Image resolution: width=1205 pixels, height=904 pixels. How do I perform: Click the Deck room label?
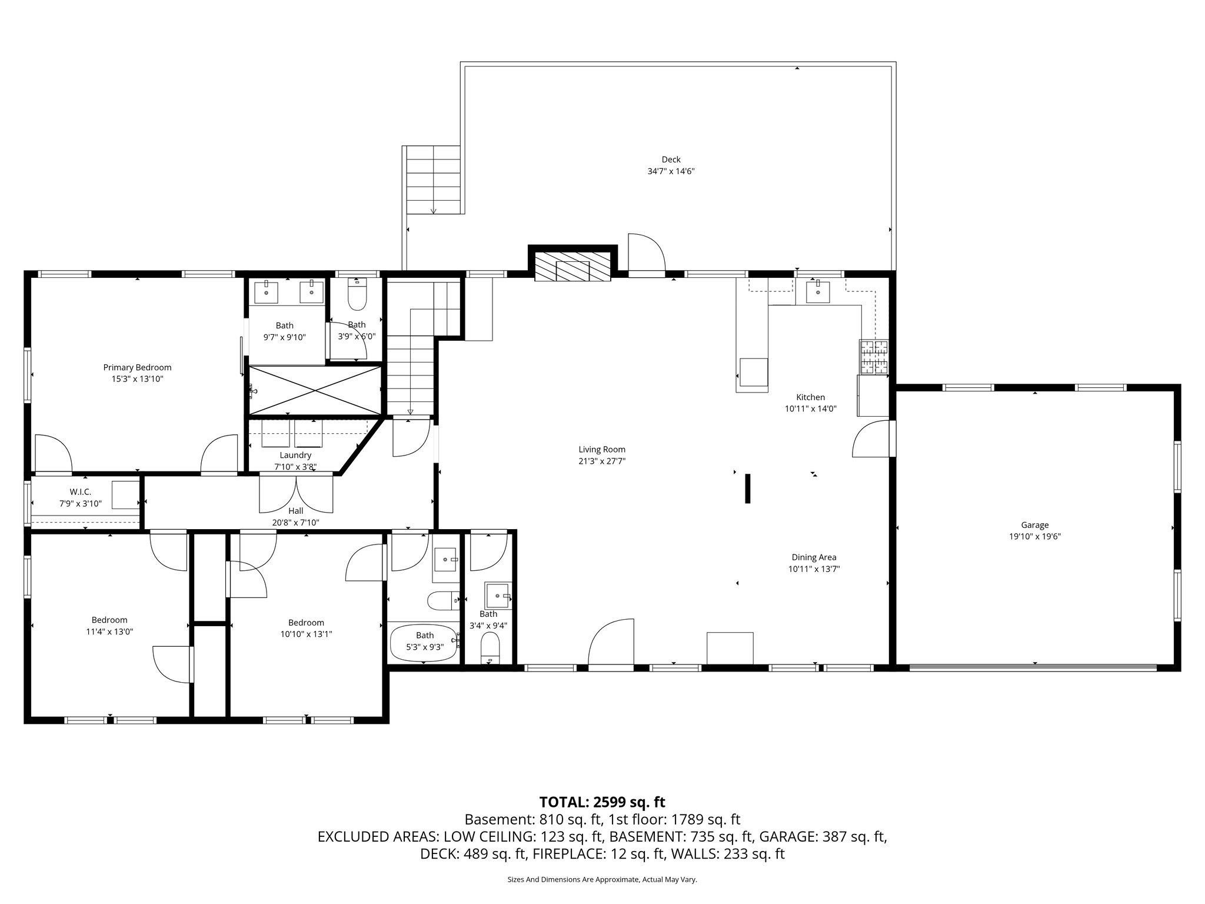(x=671, y=159)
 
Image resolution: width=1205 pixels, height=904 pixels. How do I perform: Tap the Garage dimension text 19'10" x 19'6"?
(x=1034, y=537)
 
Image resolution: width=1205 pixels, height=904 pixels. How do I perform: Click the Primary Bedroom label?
(x=137, y=367)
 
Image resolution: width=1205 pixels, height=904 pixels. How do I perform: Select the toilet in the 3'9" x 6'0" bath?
(x=357, y=294)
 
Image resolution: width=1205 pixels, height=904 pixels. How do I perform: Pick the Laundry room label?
(x=295, y=455)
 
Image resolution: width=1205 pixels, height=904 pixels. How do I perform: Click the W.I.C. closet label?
(x=80, y=491)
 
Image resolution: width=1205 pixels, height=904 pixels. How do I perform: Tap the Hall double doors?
(x=296, y=494)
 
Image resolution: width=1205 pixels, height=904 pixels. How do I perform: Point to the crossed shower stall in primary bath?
(x=315, y=391)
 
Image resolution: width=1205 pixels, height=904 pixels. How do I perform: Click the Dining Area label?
(x=814, y=557)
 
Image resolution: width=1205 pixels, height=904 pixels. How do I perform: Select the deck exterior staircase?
(x=434, y=180)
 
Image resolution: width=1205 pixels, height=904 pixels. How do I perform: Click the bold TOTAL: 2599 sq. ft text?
(x=602, y=802)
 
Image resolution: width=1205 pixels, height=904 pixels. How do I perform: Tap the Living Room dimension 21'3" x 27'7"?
(x=601, y=461)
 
